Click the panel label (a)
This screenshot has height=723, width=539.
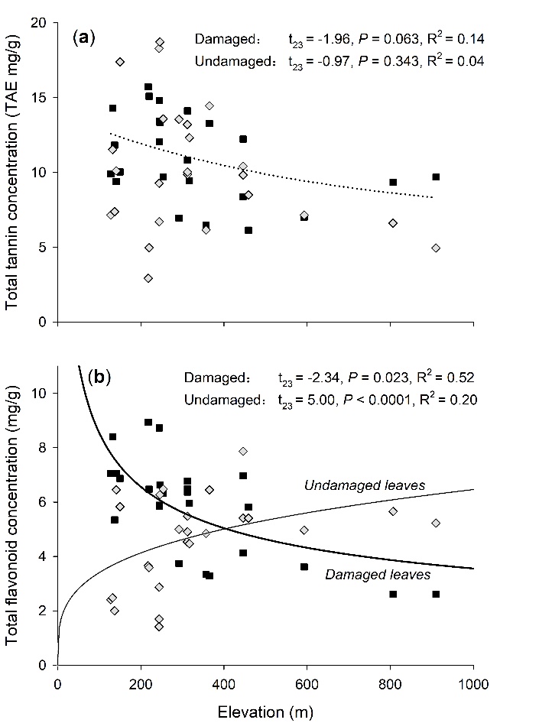(x=83, y=38)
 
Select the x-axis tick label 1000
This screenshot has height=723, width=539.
(x=472, y=685)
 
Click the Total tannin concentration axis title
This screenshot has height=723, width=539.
(x=14, y=173)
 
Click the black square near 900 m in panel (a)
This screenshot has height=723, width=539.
(x=436, y=177)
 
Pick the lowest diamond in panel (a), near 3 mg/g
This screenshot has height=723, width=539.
(x=148, y=278)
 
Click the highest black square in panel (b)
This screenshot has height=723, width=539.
(x=148, y=422)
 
